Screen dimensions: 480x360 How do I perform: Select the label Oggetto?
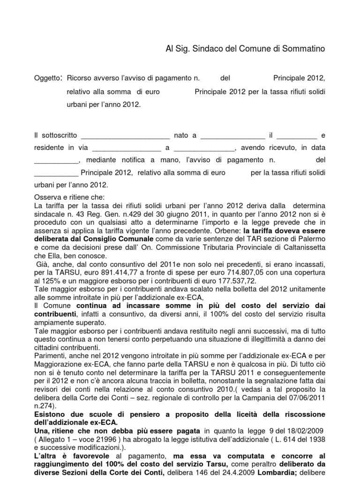48,77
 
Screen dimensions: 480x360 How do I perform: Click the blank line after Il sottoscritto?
125,136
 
